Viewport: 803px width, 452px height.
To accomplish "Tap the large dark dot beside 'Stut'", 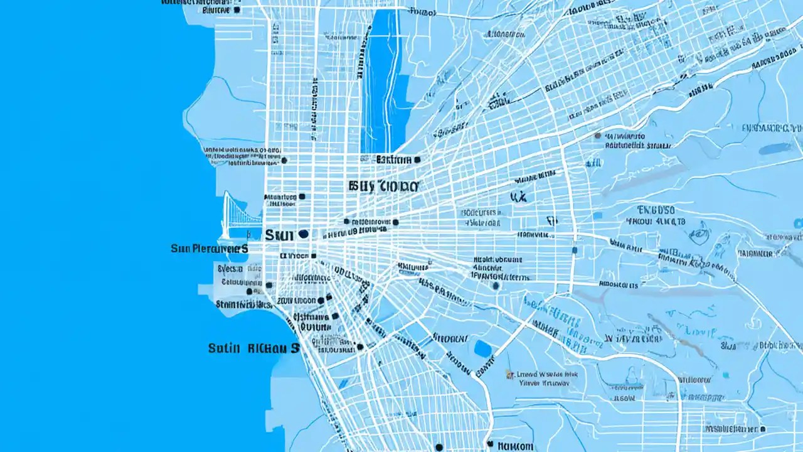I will (x=304, y=234).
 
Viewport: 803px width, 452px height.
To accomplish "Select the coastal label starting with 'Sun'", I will (x=209, y=249).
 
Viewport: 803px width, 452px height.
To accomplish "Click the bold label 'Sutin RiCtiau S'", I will (x=253, y=348).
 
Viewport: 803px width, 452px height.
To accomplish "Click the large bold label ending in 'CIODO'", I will (x=383, y=186).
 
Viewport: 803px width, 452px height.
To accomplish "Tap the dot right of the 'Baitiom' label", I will (x=417, y=159).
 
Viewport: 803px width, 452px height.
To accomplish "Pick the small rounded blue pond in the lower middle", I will (x=482, y=348).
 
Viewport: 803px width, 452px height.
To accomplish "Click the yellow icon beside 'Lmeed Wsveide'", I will (x=510, y=375).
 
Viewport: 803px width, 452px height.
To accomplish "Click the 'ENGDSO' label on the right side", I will (x=656, y=210).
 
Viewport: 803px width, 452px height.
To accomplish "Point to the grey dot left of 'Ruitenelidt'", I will (x=597, y=136).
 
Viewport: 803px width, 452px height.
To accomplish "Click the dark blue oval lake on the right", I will (x=775, y=149).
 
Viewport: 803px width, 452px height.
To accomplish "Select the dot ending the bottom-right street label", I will (x=763, y=429).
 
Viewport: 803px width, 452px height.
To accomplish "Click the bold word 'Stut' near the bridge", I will (x=279, y=235).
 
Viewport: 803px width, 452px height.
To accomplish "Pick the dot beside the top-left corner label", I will (x=237, y=10).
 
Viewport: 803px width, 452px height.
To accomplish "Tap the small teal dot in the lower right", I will (x=726, y=375).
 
